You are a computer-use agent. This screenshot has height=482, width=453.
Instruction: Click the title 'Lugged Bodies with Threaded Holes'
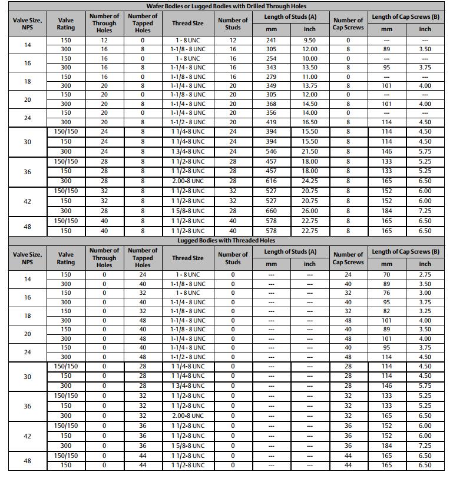(x=226, y=240)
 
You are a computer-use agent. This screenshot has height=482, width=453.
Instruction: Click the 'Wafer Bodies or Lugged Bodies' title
(x=226, y=6)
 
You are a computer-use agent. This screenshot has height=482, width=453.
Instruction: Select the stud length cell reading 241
(x=271, y=40)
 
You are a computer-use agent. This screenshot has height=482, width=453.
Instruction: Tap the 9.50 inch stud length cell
(x=310, y=40)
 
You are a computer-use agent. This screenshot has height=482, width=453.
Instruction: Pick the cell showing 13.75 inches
(x=310, y=85)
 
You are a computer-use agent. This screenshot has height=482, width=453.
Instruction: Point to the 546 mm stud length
(x=271, y=151)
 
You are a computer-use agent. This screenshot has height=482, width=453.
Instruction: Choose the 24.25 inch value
(x=310, y=181)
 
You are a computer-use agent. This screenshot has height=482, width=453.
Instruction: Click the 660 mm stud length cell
(x=271, y=211)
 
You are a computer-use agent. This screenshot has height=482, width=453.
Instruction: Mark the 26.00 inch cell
(x=310, y=211)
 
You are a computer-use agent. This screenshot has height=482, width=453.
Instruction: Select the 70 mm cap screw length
(x=386, y=275)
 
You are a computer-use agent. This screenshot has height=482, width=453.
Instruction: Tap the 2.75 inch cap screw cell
(x=425, y=275)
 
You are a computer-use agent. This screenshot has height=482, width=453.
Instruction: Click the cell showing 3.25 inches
(x=425, y=311)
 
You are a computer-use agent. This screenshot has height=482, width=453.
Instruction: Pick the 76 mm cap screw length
(x=386, y=292)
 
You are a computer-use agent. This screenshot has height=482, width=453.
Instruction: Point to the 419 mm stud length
(x=271, y=122)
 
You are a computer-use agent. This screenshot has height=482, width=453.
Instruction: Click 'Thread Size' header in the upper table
(x=188, y=24)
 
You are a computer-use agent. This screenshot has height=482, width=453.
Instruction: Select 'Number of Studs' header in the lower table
(x=233, y=258)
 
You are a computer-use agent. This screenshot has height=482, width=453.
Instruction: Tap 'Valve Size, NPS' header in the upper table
(x=28, y=24)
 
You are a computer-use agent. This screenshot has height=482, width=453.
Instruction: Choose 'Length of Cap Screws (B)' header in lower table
(x=405, y=251)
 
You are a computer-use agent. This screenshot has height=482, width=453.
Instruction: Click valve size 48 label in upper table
(x=28, y=227)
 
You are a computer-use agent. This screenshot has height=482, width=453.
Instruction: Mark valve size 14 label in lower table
(x=28, y=279)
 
